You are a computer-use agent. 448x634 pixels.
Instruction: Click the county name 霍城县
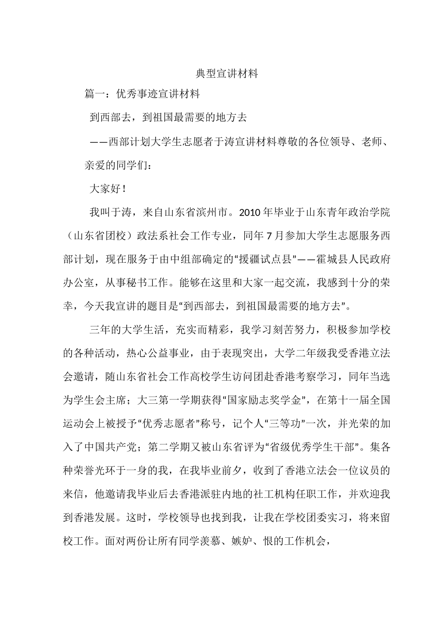(x=327, y=259)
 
